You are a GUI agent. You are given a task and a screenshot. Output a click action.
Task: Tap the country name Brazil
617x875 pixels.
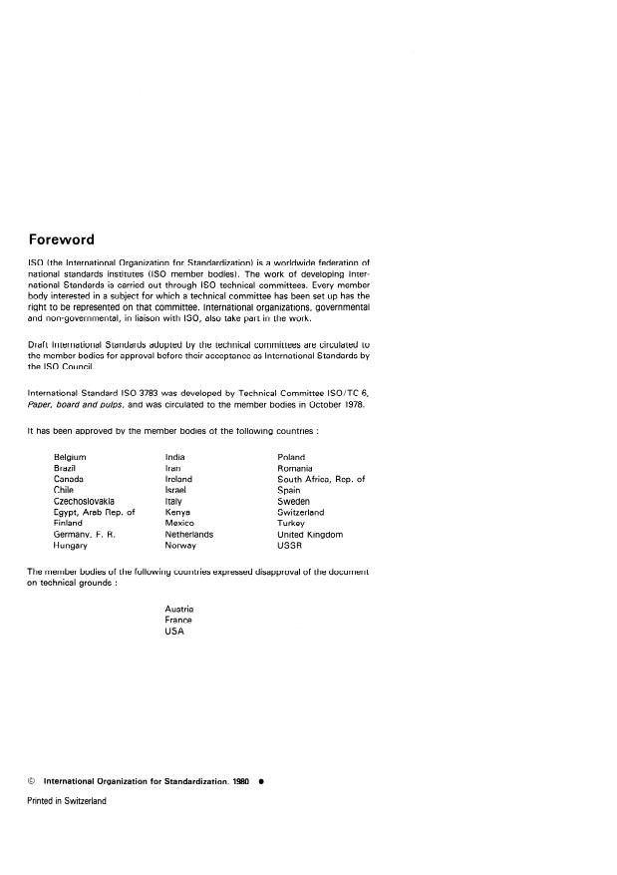66,468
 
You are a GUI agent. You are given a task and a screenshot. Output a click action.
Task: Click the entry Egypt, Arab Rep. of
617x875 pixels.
94,513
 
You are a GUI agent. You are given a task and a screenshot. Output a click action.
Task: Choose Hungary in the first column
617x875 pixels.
71,546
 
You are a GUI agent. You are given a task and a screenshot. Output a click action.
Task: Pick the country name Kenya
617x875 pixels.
179,513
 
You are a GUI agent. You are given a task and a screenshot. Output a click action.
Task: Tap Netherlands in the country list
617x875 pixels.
189,535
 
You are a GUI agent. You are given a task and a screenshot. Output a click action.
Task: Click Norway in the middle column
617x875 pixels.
181,546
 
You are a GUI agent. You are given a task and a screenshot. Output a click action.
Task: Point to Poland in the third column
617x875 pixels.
291,457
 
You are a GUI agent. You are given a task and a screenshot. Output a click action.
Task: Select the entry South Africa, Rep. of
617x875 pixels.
321,480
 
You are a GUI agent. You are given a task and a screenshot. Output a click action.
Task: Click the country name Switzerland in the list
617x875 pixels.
300,513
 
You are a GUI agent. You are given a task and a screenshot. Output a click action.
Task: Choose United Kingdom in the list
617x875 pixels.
310,535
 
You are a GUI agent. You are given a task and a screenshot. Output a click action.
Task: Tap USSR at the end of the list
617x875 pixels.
290,546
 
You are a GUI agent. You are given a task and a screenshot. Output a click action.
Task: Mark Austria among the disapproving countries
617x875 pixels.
179,609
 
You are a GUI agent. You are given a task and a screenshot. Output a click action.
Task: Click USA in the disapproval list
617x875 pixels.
175,631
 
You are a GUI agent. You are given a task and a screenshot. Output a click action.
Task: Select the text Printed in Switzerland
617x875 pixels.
66,800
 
